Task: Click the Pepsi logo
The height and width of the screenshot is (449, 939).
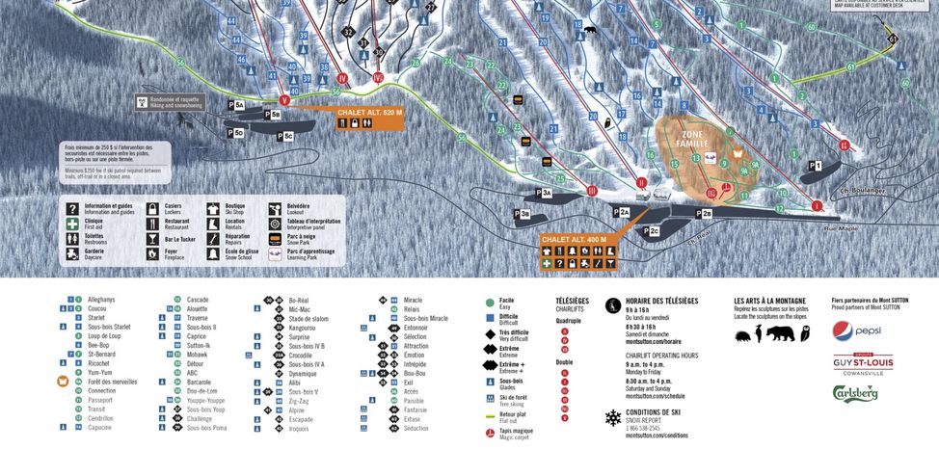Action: [x=856, y=330]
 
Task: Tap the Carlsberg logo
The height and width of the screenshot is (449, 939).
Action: [x=855, y=393]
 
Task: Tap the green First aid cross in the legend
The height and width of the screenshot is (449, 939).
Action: [x=72, y=222]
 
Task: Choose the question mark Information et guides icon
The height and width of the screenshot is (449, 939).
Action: [x=72, y=207]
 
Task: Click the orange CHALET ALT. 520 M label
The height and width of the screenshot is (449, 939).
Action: [x=369, y=112]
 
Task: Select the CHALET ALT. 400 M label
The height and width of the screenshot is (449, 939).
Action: [x=574, y=239]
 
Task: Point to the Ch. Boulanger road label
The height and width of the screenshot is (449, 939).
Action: [x=861, y=191]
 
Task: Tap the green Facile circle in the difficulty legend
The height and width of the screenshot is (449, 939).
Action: [x=490, y=301]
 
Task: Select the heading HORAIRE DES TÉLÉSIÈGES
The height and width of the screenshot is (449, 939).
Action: [x=665, y=301]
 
